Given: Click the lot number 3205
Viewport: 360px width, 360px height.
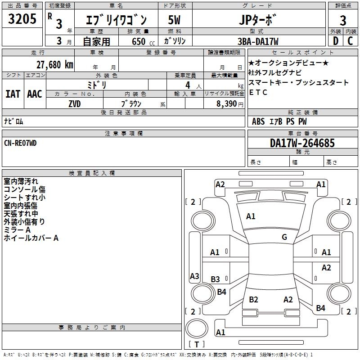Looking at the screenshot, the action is (x=22, y=18).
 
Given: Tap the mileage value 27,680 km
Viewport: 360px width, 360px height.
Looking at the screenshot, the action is (x=55, y=65).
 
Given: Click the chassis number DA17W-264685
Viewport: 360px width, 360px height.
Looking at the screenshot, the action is (x=302, y=143).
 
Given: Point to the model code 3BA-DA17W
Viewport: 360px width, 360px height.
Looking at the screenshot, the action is (x=258, y=41).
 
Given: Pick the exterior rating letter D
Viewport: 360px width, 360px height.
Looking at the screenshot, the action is (x=336, y=41).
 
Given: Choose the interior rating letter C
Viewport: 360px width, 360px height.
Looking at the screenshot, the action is (x=350, y=41).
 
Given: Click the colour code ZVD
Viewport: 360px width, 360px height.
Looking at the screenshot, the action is (x=75, y=104).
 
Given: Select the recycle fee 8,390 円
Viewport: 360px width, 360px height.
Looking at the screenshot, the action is (x=230, y=104).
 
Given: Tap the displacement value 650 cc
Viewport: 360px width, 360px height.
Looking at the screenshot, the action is (x=143, y=41).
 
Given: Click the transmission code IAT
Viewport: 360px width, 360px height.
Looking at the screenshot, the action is (x=13, y=94).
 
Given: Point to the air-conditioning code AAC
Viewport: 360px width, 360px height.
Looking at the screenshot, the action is (x=35, y=94).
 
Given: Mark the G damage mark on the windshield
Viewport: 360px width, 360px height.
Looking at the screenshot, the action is (x=284, y=237).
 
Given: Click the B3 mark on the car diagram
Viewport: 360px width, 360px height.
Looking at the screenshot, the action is (x=215, y=279).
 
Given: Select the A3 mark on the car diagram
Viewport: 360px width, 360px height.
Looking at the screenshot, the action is (x=194, y=276).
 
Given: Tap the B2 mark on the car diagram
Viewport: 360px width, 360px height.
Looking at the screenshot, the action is (x=253, y=299).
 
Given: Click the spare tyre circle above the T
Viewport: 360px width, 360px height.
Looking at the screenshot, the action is (x=197, y=328).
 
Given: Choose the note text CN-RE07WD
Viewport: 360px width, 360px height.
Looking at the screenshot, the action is (x=20, y=143).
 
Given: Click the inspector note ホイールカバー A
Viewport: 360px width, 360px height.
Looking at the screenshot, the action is (x=31, y=238).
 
